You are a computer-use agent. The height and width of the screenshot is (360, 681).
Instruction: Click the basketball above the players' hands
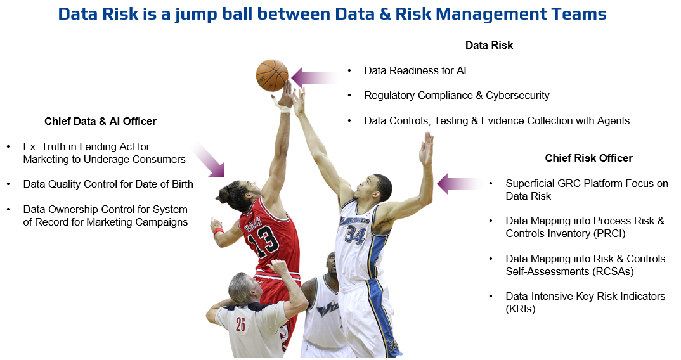[272, 75]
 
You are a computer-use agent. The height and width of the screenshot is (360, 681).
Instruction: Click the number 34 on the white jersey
[355, 235]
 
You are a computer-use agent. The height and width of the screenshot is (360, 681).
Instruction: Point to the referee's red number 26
[240, 324]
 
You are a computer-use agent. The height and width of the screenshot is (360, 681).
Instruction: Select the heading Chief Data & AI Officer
[100, 121]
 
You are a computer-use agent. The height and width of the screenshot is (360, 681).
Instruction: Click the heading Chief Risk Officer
[588, 158]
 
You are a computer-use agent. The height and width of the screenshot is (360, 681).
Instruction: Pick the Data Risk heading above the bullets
[489, 45]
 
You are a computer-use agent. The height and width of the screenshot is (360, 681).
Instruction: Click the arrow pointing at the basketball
[315, 78]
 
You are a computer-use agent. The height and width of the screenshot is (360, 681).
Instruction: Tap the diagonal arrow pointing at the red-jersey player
[208, 159]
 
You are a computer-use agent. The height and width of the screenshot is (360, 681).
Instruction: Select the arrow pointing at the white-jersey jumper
[460, 184]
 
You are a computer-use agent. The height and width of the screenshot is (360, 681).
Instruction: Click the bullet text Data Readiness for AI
[415, 71]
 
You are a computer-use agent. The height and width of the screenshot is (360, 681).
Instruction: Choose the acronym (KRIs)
[521, 309]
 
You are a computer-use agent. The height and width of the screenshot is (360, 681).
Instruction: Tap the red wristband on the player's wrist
[219, 231]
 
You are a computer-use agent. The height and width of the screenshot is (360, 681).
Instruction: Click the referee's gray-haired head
[242, 287]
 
